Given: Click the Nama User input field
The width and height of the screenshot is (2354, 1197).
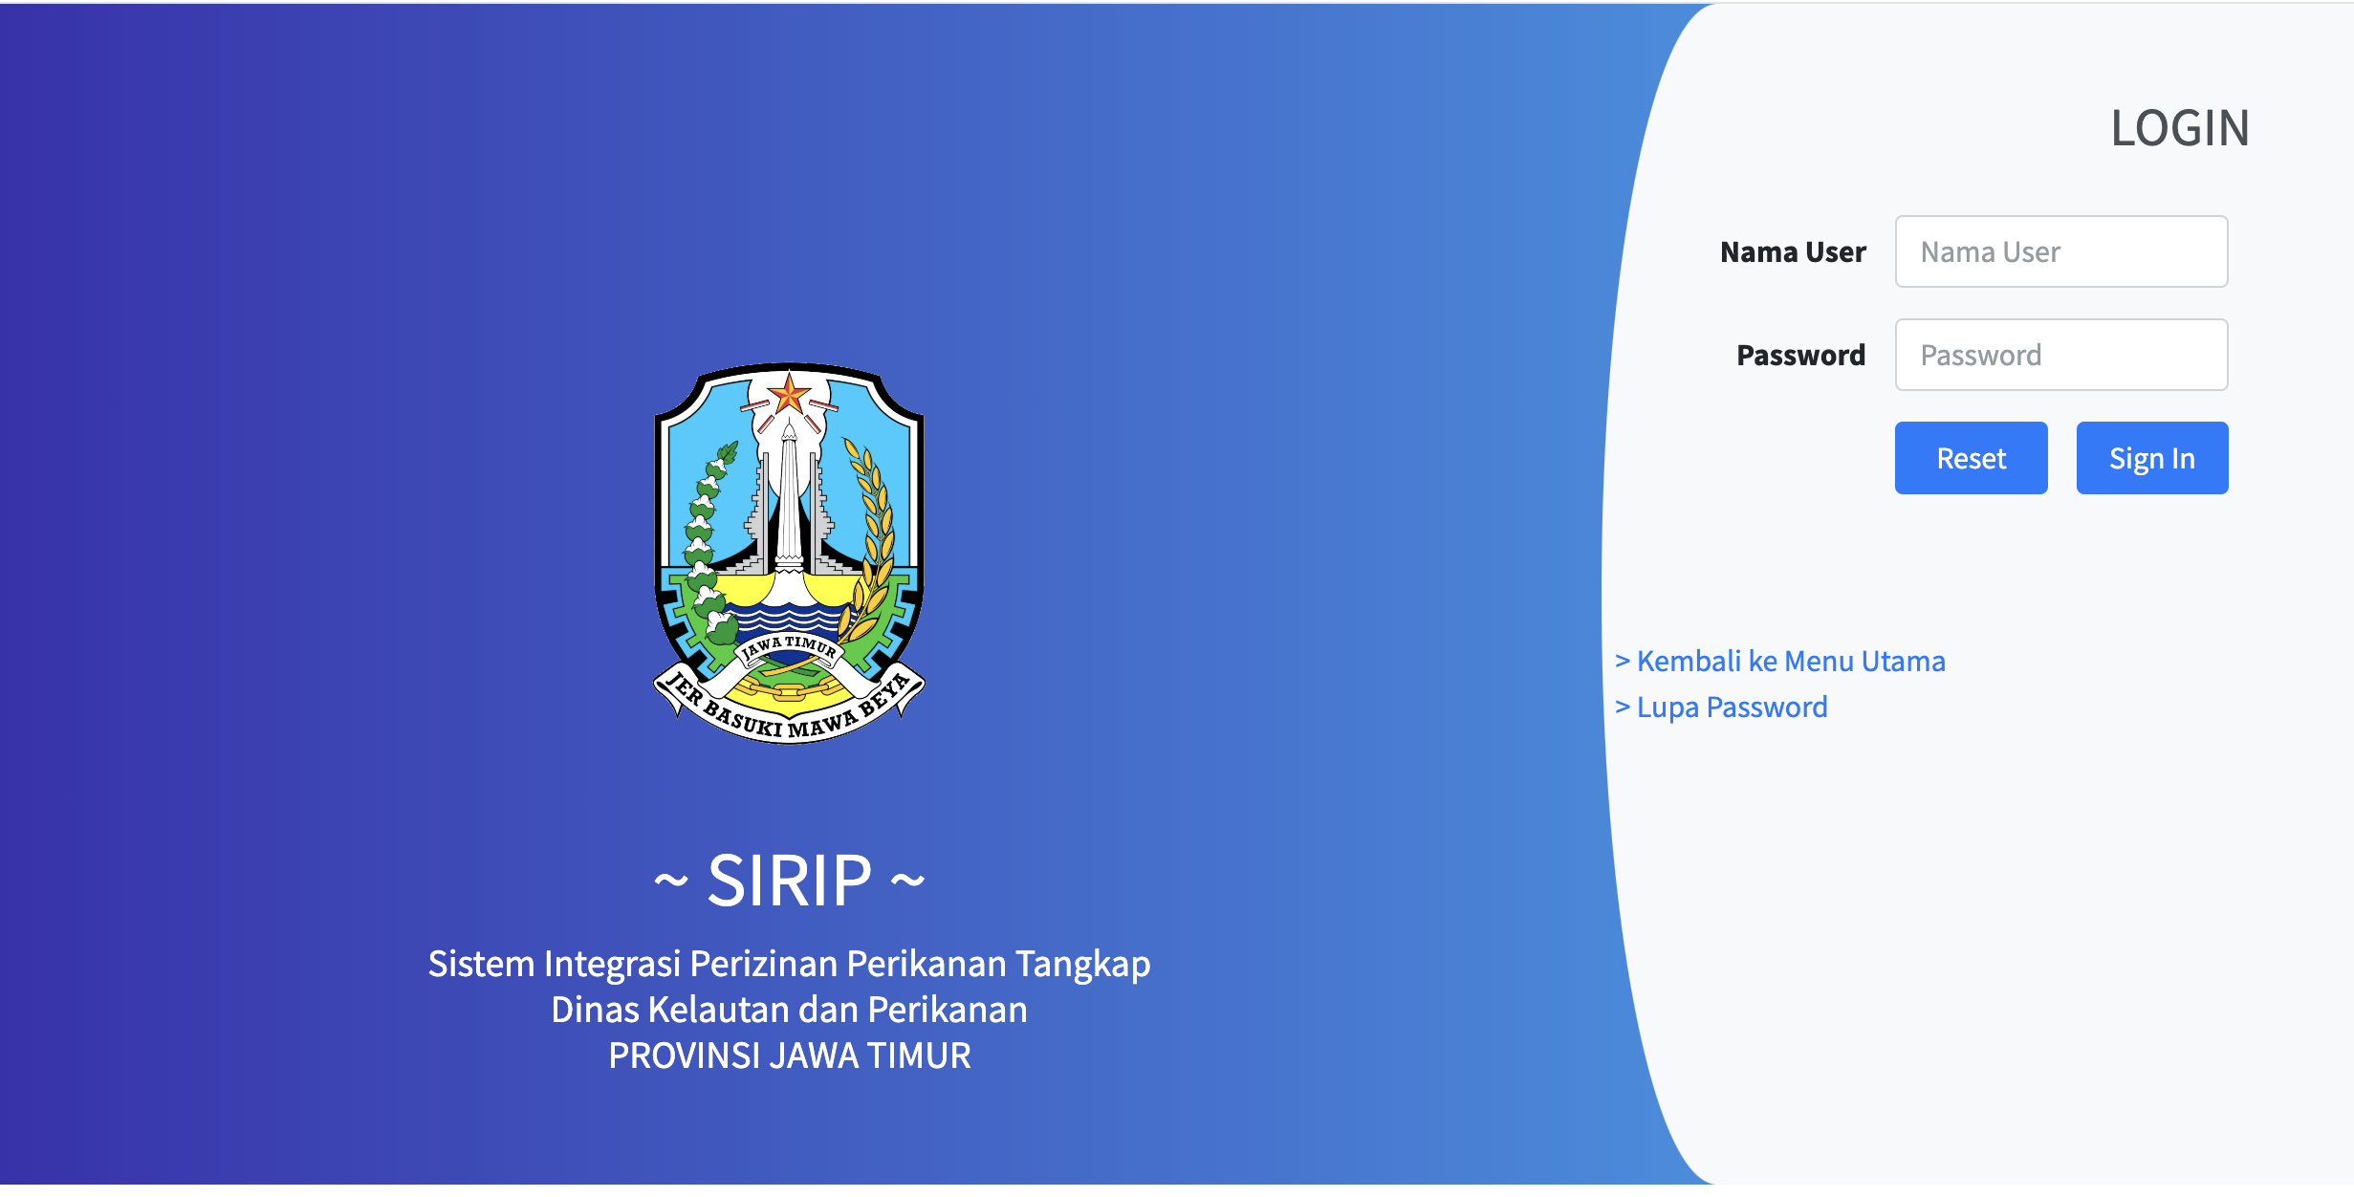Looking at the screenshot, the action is [2061, 251].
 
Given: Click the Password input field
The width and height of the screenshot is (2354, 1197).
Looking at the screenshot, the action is [2061, 355].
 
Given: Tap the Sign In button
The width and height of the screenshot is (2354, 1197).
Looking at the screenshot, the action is [2152, 458].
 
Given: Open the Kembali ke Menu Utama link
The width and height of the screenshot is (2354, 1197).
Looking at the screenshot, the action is [1780, 661].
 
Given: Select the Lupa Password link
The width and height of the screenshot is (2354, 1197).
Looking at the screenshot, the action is [1721, 707].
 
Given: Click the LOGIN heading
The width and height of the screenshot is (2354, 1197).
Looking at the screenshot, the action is [2180, 128].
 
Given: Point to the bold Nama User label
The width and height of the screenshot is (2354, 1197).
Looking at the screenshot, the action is [1793, 252].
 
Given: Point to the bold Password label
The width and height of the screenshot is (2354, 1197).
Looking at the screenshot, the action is [1800, 356].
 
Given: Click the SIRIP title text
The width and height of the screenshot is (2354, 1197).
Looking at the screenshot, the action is [789, 881].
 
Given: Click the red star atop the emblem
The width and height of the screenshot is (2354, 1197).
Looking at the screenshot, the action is [790, 393].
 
